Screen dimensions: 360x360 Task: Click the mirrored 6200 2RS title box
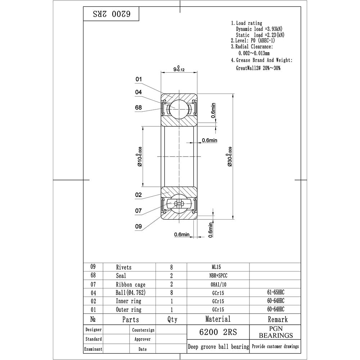[x=111, y=14]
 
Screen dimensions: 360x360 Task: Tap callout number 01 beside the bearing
[x=139, y=79]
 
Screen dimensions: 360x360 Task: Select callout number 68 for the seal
[x=139, y=107]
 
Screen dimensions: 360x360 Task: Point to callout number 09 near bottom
[x=139, y=226]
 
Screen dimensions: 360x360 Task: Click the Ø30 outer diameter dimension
[x=230, y=157]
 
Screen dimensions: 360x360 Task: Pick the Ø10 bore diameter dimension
[x=140, y=157]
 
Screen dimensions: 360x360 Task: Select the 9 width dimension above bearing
[x=179, y=69]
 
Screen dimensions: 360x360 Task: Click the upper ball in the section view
[x=179, y=110]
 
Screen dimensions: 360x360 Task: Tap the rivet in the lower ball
[x=179, y=203]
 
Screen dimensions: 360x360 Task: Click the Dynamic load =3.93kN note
[x=259, y=29]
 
